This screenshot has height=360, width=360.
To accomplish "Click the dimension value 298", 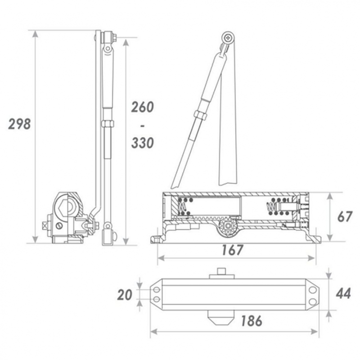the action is pyautogui.click(x=19, y=124).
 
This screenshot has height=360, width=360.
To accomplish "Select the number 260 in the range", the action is pyautogui.click(x=142, y=107).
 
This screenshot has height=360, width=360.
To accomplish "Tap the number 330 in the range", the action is pyautogui.click(x=142, y=143).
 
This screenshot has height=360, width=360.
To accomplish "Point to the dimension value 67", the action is pyautogui.click(x=345, y=217).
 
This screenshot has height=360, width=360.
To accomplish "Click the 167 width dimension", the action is pyautogui.click(x=232, y=250).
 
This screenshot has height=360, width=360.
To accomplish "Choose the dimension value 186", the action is pyautogui.click(x=252, y=321).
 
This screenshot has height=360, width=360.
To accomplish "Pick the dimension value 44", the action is pyautogui.click(x=343, y=293).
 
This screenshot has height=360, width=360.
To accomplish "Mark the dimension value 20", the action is pyautogui.click(x=125, y=295).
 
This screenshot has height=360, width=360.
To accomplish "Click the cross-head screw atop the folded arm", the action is pyautogui.click(x=229, y=37).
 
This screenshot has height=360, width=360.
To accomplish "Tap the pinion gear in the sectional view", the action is pyautogui.click(x=228, y=226).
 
